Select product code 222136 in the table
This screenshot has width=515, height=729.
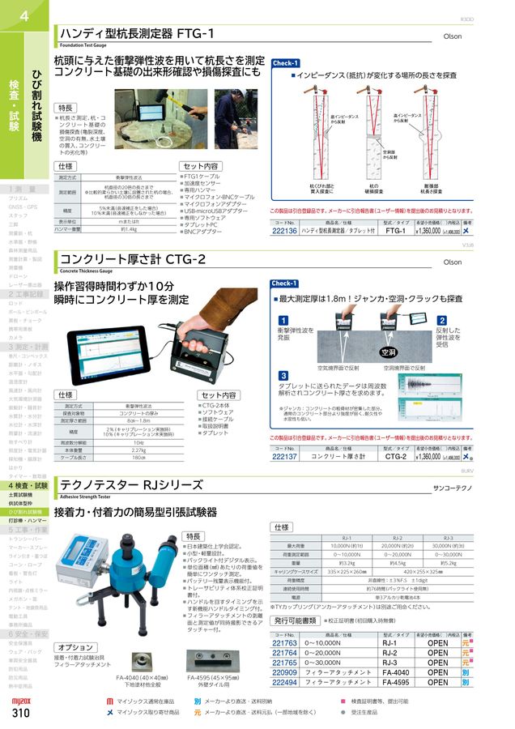(285, 231)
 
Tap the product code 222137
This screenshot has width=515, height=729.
(285, 457)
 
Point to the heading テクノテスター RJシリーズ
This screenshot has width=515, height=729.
(131, 485)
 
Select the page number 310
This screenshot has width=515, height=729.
(22, 714)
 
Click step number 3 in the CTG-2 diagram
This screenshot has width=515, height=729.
(283, 376)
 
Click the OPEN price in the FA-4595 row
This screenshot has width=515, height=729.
(437, 682)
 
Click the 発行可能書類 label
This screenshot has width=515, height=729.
(296, 620)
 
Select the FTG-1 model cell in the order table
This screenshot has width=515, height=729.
(395, 231)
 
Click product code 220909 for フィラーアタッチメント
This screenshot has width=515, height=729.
(285, 671)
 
